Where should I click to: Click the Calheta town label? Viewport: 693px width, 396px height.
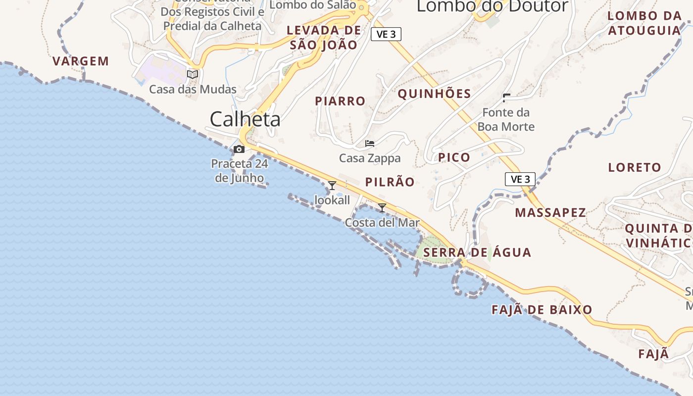click(245, 119)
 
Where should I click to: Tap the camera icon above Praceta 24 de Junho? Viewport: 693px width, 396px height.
click(239, 149)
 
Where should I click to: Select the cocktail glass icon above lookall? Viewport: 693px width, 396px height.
click(332, 186)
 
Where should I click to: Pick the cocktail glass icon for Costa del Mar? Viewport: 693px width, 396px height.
click(382, 207)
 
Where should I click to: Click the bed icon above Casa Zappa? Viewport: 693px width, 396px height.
click(370, 144)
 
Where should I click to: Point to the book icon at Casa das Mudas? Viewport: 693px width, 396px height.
click(193, 75)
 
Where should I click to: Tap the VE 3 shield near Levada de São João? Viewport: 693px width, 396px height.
click(386, 34)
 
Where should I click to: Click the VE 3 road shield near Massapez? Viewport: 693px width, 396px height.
click(520, 179)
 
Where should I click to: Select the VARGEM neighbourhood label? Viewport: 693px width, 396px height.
click(81, 61)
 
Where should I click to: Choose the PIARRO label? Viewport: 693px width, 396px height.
click(340, 101)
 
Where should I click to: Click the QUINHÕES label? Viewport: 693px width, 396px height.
click(434, 94)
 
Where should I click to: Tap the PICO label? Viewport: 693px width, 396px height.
click(454, 158)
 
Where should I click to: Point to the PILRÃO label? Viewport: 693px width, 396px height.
click(390, 182)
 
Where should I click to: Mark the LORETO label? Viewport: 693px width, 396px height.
click(635, 167)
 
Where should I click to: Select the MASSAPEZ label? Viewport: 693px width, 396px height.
click(550, 213)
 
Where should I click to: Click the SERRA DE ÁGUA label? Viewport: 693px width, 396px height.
click(478, 252)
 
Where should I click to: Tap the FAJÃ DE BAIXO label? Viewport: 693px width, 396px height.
click(542, 310)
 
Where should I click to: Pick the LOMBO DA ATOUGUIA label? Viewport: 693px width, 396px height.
click(644, 23)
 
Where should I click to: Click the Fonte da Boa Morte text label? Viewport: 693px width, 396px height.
click(506, 120)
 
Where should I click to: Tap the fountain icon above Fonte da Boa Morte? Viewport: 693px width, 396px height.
click(506, 98)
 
